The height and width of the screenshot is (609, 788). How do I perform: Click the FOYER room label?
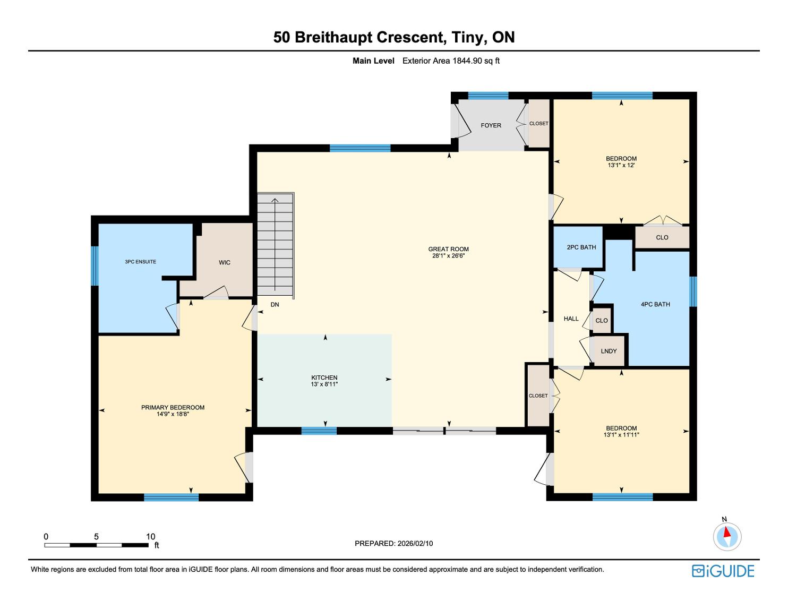pyautogui.click(x=491, y=125)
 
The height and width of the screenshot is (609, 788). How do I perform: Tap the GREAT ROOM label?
pyautogui.click(x=449, y=249)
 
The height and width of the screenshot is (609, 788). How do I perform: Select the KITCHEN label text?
pyautogui.click(x=324, y=378)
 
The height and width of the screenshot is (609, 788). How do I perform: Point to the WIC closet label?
pyautogui.click(x=225, y=262)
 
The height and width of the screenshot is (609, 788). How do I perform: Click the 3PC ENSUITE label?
pyautogui.click(x=140, y=262)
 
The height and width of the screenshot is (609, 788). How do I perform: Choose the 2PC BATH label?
pyautogui.click(x=581, y=247)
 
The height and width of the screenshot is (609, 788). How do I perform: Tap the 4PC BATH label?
pyautogui.click(x=655, y=305)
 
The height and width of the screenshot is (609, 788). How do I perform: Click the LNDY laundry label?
pyautogui.click(x=609, y=351)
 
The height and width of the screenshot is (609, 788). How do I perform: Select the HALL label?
pyautogui.click(x=571, y=319)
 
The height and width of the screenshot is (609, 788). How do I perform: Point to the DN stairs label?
pyautogui.click(x=275, y=305)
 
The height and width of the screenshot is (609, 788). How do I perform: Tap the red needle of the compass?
pyautogui.click(x=727, y=532)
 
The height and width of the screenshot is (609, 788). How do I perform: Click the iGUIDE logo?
pyautogui.click(x=723, y=571)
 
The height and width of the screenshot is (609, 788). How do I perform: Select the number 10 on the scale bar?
pyautogui.click(x=150, y=536)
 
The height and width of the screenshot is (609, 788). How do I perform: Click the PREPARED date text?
pyautogui.click(x=394, y=543)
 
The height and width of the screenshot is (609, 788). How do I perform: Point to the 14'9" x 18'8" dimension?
pyautogui.click(x=173, y=414)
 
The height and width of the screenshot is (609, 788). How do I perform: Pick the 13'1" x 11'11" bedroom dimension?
pyautogui.click(x=621, y=435)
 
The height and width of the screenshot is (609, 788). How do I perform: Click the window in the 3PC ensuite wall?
pyautogui.click(x=95, y=265)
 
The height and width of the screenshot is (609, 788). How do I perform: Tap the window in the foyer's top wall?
pyautogui.click(x=488, y=96)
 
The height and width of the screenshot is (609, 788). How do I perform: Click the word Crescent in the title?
pyautogui.click(x=410, y=37)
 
